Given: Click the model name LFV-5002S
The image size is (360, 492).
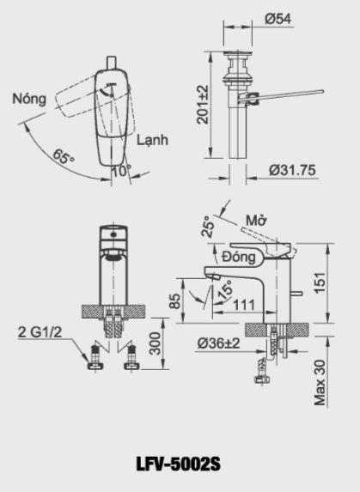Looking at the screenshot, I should [180, 464].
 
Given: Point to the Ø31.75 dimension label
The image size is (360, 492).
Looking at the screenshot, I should [291, 170].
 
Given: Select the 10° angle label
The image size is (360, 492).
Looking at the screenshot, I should [122, 170].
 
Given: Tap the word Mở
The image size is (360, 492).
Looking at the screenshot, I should [254, 220].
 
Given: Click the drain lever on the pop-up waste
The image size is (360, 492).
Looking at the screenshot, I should [288, 94].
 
